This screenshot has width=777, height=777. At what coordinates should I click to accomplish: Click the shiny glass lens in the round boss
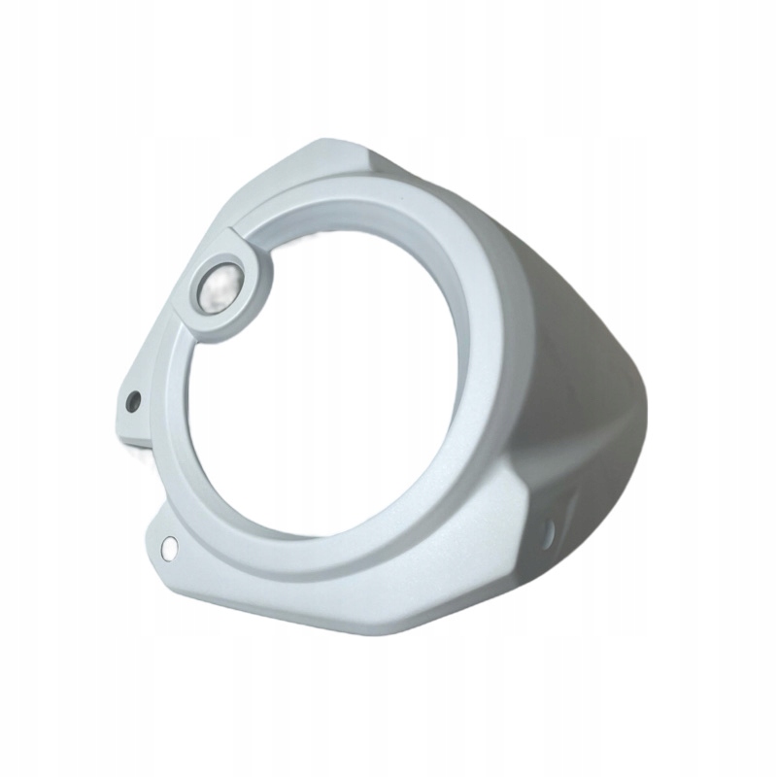tap(220, 287)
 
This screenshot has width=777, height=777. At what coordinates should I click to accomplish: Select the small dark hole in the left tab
tap(133, 400)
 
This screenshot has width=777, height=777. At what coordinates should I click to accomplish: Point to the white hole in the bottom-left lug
tap(170, 547)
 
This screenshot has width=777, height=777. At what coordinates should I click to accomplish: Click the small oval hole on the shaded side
tap(549, 530)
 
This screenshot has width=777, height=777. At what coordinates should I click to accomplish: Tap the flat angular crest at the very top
tap(330, 155)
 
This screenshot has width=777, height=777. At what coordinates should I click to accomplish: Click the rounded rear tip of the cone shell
tap(636, 427)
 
